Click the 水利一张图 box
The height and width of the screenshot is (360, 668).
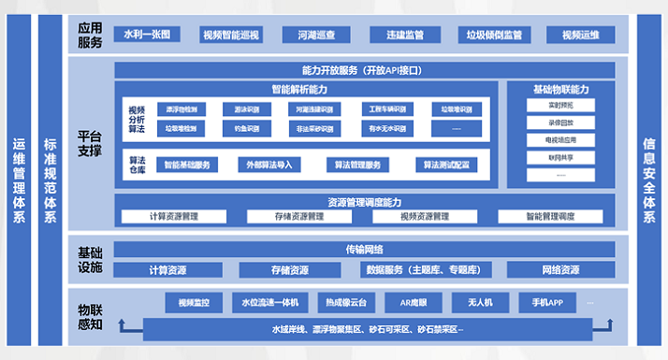(147, 36)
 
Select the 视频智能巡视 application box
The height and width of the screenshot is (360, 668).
(231, 36)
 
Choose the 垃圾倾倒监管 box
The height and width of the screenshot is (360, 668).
(495, 36)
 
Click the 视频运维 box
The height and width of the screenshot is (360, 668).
(580, 36)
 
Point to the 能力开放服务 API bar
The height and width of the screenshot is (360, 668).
(364, 70)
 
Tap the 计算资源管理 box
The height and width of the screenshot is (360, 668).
(174, 217)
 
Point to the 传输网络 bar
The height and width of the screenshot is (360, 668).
(364, 250)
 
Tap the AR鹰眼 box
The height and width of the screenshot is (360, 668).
(412, 303)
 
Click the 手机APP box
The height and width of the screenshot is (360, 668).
(547, 303)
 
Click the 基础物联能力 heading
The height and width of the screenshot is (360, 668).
(560, 90)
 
